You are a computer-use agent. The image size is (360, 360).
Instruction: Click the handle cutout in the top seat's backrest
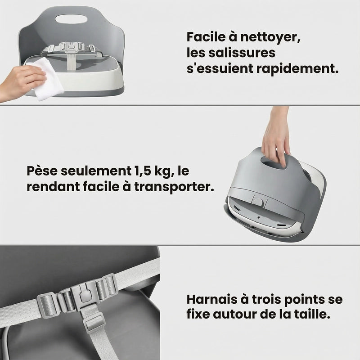pyautogui.click(x=72, y=20)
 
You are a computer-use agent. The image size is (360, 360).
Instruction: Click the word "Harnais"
pyautogui.click(x=210, y=299)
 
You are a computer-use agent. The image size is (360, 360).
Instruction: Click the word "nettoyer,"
pyautogui.click(x=269, y=37)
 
